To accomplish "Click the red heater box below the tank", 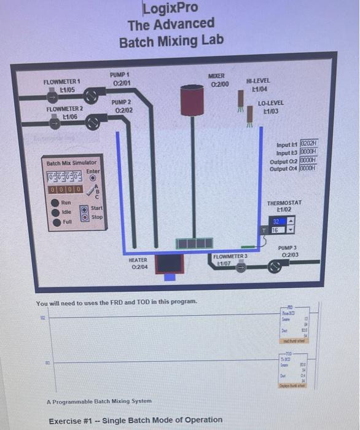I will click(168, 265).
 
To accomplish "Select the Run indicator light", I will click(55, 202).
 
